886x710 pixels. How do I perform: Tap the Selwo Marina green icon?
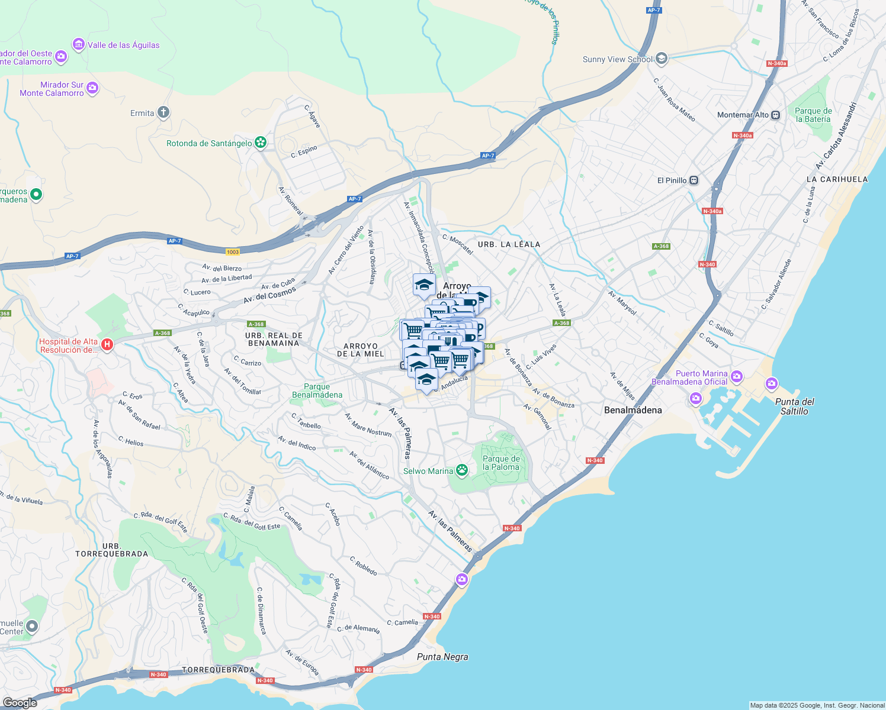pos(462,471)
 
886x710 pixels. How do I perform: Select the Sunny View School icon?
pos(662,59)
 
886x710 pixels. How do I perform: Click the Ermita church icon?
pos(164,113)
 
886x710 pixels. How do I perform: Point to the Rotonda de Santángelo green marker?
pos(260,143)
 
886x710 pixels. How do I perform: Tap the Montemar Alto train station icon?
pos(776,115)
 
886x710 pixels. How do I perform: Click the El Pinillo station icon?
pos(694,180)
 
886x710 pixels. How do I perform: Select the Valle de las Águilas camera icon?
pos(78,45)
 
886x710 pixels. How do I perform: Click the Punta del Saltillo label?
pos(794,406)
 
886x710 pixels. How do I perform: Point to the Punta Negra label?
pos(442,657)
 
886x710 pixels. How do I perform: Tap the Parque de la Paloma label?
pos(501,463)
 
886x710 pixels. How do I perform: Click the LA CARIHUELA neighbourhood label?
pos(837,179)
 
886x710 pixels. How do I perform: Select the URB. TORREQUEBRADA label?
pos(111,550)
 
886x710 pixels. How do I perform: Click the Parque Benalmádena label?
pos(317,390)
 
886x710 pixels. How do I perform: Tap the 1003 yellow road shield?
pos(233,252)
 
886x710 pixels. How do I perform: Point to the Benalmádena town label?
pos(633,410)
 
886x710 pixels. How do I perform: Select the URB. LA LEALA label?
pos(509,244)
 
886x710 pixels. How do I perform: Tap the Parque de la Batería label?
pos(813,115)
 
